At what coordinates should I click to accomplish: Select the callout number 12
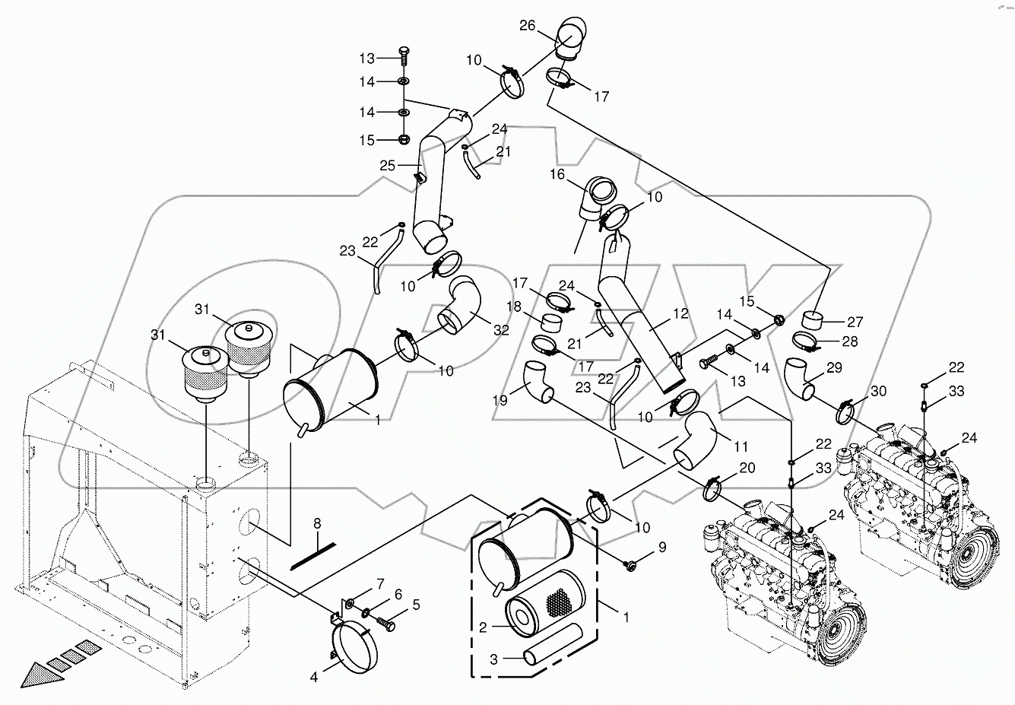680,313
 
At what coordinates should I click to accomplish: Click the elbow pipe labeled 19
539,381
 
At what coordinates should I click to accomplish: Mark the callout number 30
879,392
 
